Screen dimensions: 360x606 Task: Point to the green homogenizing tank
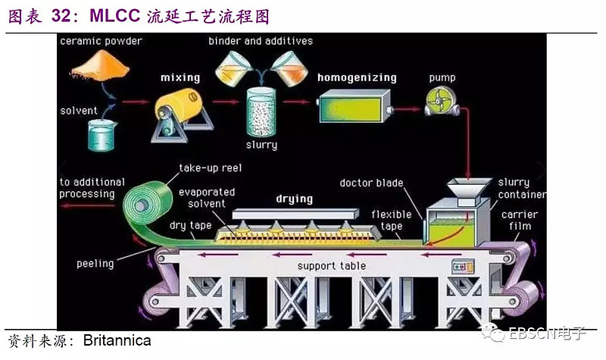(x=351, y=106)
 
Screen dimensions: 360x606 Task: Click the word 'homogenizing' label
(x=357, y=77)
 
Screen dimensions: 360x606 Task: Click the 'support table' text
(x=331, y=266)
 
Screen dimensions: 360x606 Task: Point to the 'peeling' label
(x=95, y=264)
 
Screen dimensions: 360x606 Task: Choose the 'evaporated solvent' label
(x=207, y=199)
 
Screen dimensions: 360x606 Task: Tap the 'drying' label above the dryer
(x=294, y=199)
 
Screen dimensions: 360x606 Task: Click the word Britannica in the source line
(x=117, y=340)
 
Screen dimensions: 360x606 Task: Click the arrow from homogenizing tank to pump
(x=407, y=108)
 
